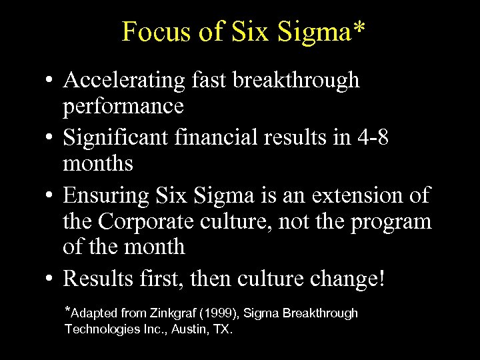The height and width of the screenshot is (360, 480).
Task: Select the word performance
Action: pos(123,105)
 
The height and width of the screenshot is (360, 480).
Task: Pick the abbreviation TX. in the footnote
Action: pos(222,329)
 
